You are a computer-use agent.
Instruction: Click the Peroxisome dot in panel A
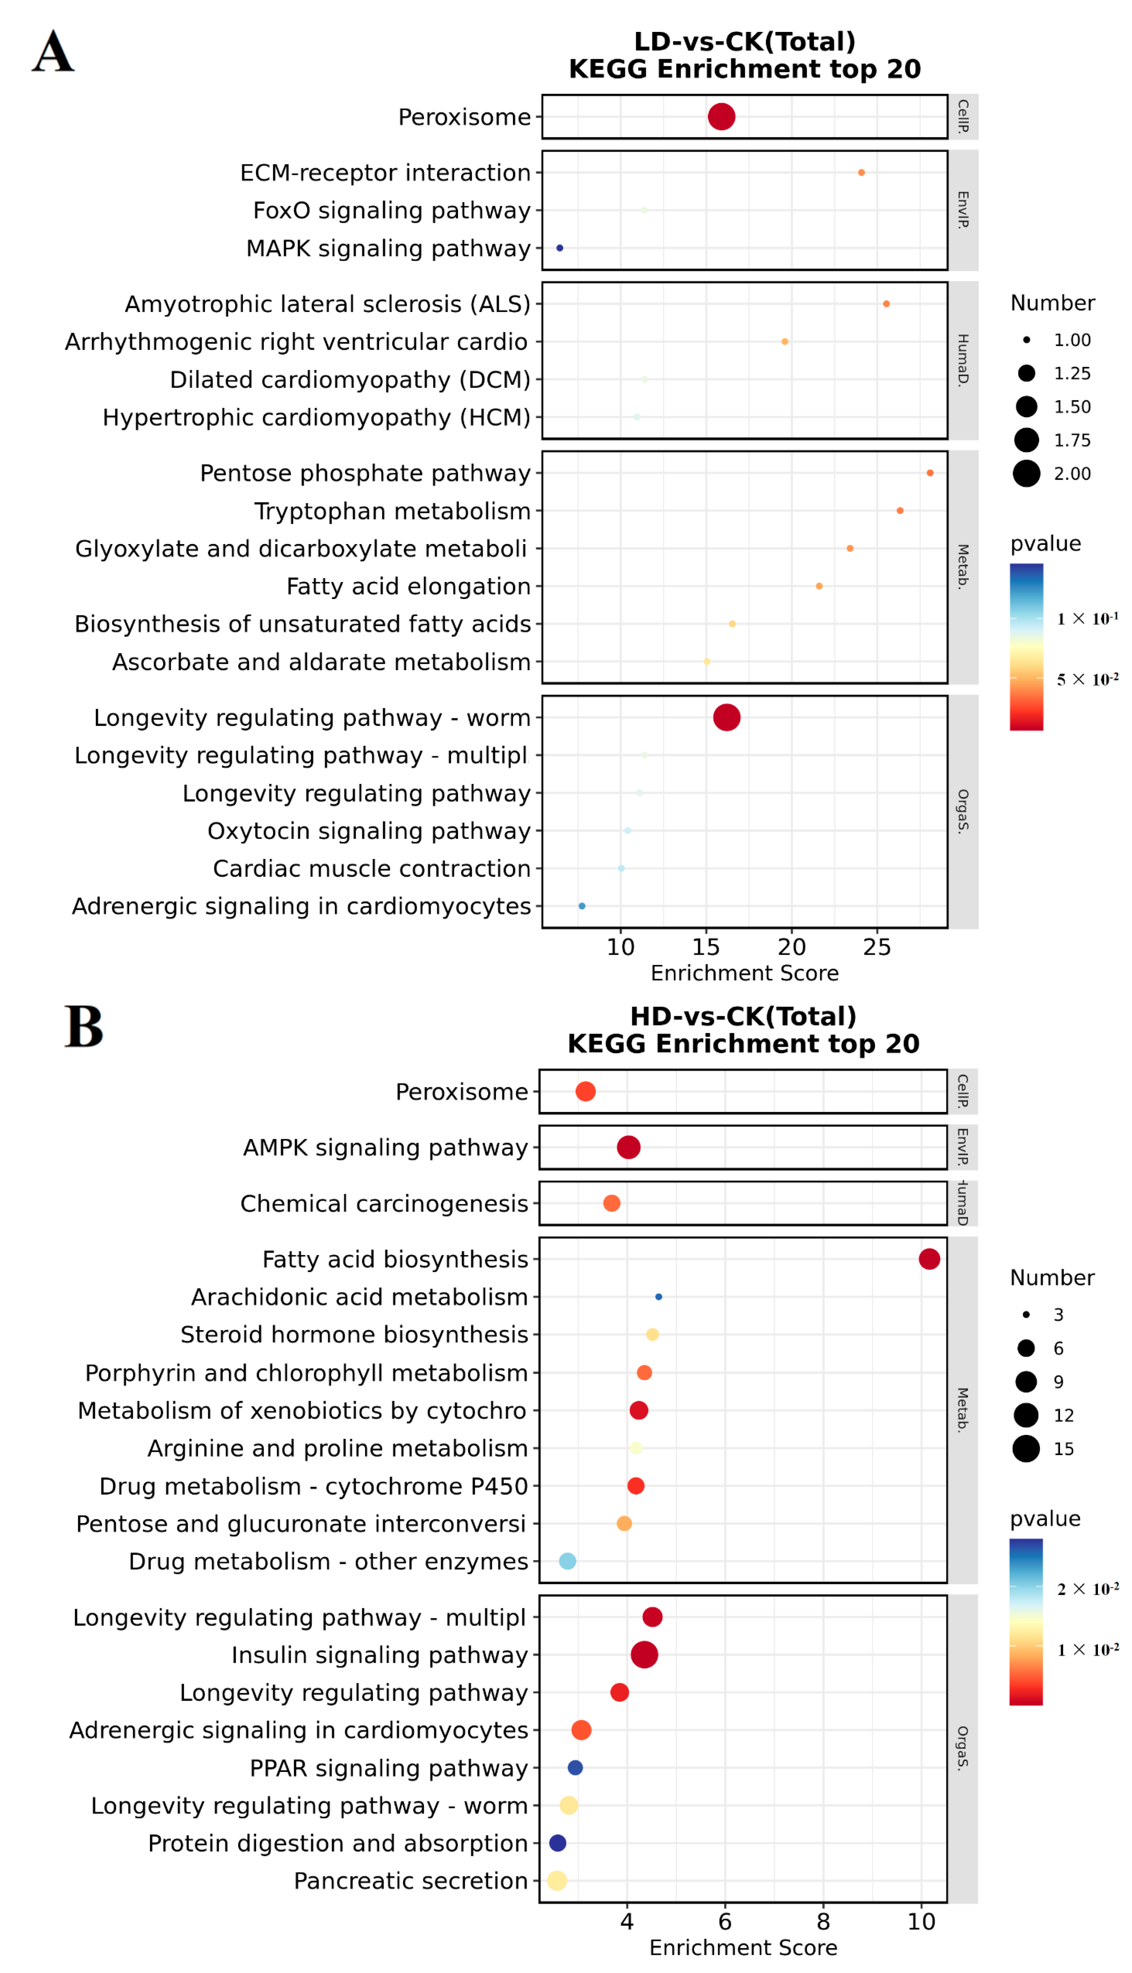click(721, 117)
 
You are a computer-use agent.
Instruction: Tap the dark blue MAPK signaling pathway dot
click(560, 248)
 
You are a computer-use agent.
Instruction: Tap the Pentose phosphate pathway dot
click(930, 472)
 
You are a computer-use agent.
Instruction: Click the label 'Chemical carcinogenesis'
click(384, 1204)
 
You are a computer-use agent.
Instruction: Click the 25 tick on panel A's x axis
click(877, 947)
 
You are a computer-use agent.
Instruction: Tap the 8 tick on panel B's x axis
click(824, 1922)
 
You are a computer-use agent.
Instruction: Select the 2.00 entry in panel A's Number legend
click(1072, 473)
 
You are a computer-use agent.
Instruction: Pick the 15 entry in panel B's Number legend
click(1063, 1449)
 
